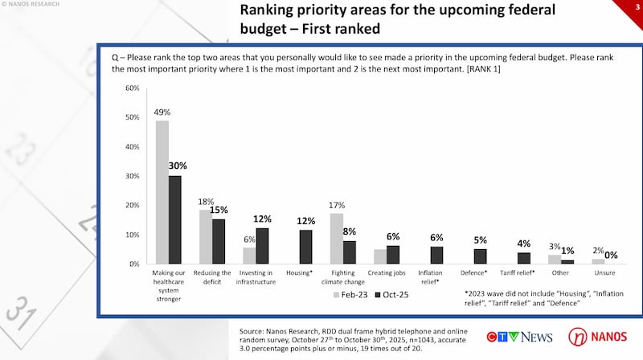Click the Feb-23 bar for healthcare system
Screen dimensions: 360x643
tap(162, 192)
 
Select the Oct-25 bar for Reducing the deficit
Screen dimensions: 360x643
tap(219, 241)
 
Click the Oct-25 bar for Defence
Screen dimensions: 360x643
tap(480, 256)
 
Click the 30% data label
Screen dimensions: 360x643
tap(176, 166)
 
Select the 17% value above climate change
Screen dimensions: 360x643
tap(336, 205)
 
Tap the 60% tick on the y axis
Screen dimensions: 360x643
tap(133, 88)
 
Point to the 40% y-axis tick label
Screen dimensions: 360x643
tap(133, 146)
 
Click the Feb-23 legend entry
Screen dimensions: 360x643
tap(352, 295)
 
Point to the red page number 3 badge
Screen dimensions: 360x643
tap(637, 5)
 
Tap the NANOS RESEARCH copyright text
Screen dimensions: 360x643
tap(33, 5)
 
